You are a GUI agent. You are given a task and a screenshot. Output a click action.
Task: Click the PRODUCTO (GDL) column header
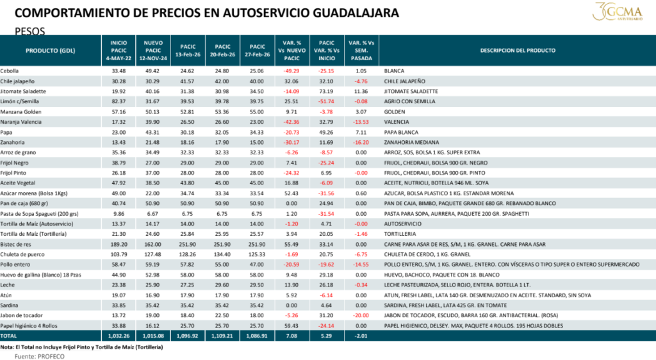pyautogui.click(x=51, y=50)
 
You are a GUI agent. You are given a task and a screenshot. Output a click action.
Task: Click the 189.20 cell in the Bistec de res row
pyautogui.click(x=119, y=244)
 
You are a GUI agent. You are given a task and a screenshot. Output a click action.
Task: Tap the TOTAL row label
pyautogui.click(x=9, y=336)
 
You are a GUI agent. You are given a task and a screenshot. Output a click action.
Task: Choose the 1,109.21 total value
pyautogui.click(x=222, y=336)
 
